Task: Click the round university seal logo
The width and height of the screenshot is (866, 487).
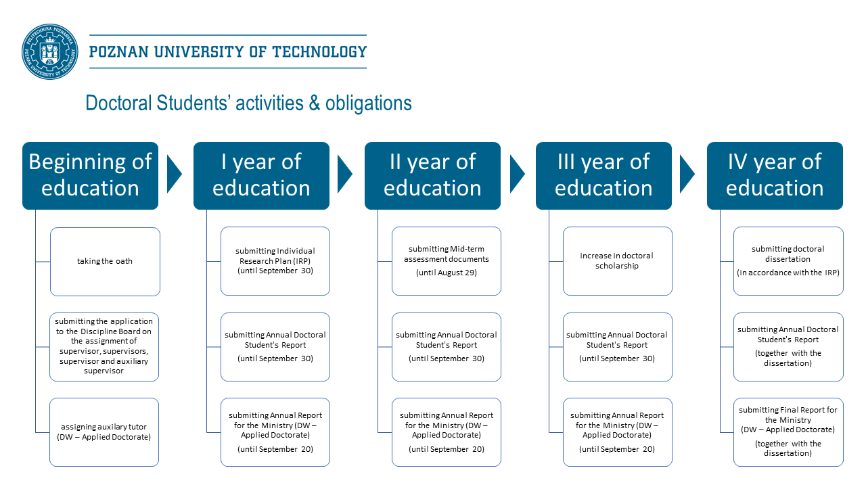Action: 50,52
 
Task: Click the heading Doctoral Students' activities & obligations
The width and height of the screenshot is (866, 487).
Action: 248,103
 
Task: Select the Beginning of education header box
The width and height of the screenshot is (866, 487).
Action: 91,176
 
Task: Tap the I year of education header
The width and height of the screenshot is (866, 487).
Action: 261,176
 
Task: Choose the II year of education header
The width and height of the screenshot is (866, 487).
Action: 432,176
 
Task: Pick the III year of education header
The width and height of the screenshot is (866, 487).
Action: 604,176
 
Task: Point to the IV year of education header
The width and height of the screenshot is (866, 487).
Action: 775,176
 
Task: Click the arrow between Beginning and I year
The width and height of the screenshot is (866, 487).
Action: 174,175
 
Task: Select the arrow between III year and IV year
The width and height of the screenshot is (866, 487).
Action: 687,175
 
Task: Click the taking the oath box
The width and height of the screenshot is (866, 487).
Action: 105,262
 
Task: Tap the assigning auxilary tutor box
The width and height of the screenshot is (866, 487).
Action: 104,432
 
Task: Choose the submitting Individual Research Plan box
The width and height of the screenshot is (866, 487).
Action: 275,261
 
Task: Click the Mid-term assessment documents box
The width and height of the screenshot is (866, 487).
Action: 447,261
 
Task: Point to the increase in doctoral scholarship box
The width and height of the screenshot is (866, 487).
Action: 618,261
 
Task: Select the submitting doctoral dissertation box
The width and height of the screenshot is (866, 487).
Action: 788,261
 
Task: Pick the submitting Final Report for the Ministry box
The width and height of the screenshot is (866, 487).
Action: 788,432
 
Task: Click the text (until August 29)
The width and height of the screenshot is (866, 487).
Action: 447,273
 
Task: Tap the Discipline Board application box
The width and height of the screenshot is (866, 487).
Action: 104,347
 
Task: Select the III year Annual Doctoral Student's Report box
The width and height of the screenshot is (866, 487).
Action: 618,347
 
